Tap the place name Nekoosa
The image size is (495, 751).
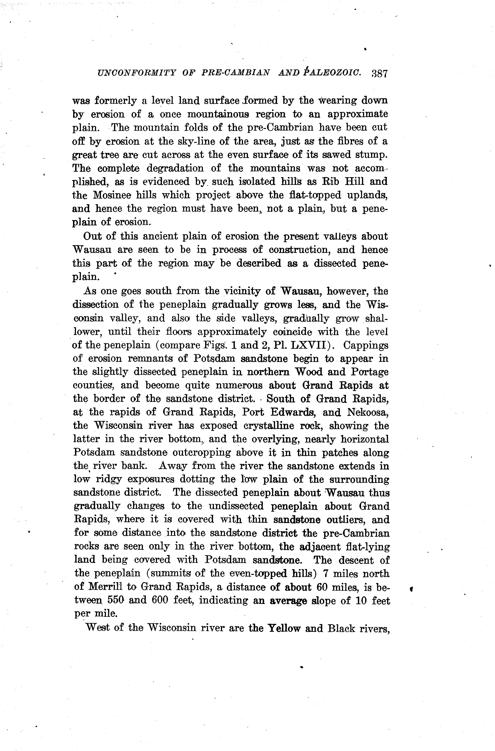pyautogui.click(x=368, y=412)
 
